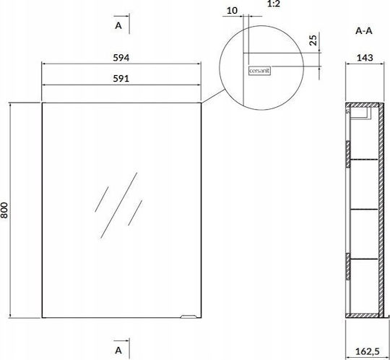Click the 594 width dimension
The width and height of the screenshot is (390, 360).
click(x=121, y=58)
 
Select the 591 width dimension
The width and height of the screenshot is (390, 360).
click(x=121, y=79)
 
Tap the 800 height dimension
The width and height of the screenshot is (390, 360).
click(x=4, y=210)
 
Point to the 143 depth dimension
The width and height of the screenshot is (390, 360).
click(x=365, y=58)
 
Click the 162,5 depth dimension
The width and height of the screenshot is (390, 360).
click(x=368, y=351)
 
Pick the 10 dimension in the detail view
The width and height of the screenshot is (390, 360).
click(x=232, y=10)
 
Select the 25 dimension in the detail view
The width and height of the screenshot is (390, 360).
click(x=313, y=40)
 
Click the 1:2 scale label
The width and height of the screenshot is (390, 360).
click(x=274, y=4)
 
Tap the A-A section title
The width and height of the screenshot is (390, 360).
click(x=364, y=31)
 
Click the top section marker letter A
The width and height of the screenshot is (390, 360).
click(x=118, y=25)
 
